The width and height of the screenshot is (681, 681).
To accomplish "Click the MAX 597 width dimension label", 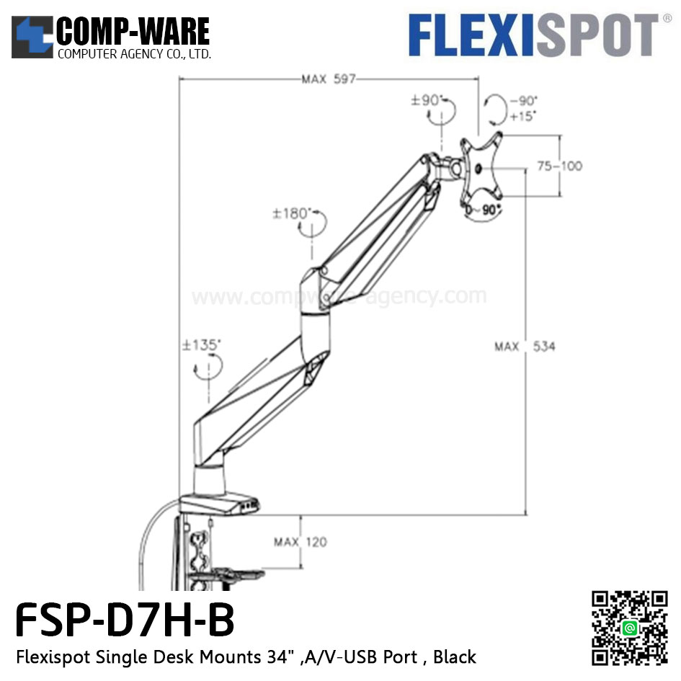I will click(329, 79).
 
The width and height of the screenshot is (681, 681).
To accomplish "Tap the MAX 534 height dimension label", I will click(525, 347).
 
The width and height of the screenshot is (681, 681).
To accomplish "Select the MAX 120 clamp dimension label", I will click(300, 542).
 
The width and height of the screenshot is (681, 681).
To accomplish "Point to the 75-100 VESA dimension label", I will click(560, 166).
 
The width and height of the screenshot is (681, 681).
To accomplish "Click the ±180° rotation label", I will click(291, 214).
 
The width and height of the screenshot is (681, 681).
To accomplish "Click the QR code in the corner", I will click(629, 628).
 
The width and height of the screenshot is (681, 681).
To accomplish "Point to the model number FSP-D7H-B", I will click(125, 621).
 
